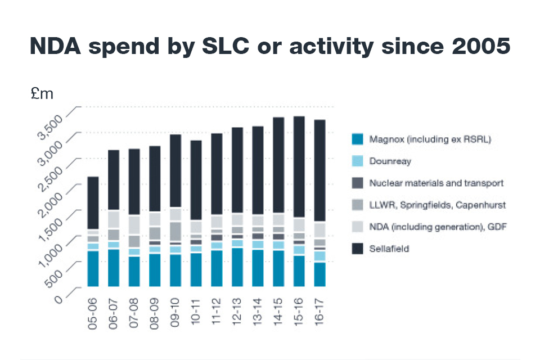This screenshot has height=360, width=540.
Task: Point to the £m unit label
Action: pyautogui.click(x=42, y=94)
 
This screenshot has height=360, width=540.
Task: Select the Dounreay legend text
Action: pyautogui.click(x=390, y=161)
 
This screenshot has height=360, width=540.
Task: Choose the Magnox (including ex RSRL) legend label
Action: pyautogui.click(x=430, y=139)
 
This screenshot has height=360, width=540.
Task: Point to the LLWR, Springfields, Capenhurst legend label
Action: pyautogui.click(x=437, y=205)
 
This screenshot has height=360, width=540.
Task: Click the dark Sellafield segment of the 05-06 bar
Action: pyautogui.click(x=93, y=202)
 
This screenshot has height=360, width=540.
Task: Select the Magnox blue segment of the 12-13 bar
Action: pyautogui.click(x=237, y=267)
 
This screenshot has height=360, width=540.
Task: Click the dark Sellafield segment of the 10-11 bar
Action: pyautogui.click(x=196, y=180)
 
